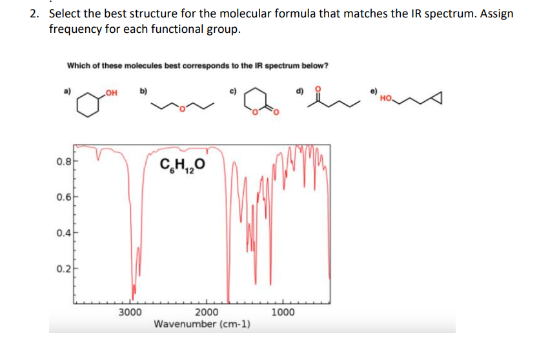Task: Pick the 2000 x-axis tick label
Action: click(x=207, y=312)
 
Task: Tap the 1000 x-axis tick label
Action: click(x=283, y=312)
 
